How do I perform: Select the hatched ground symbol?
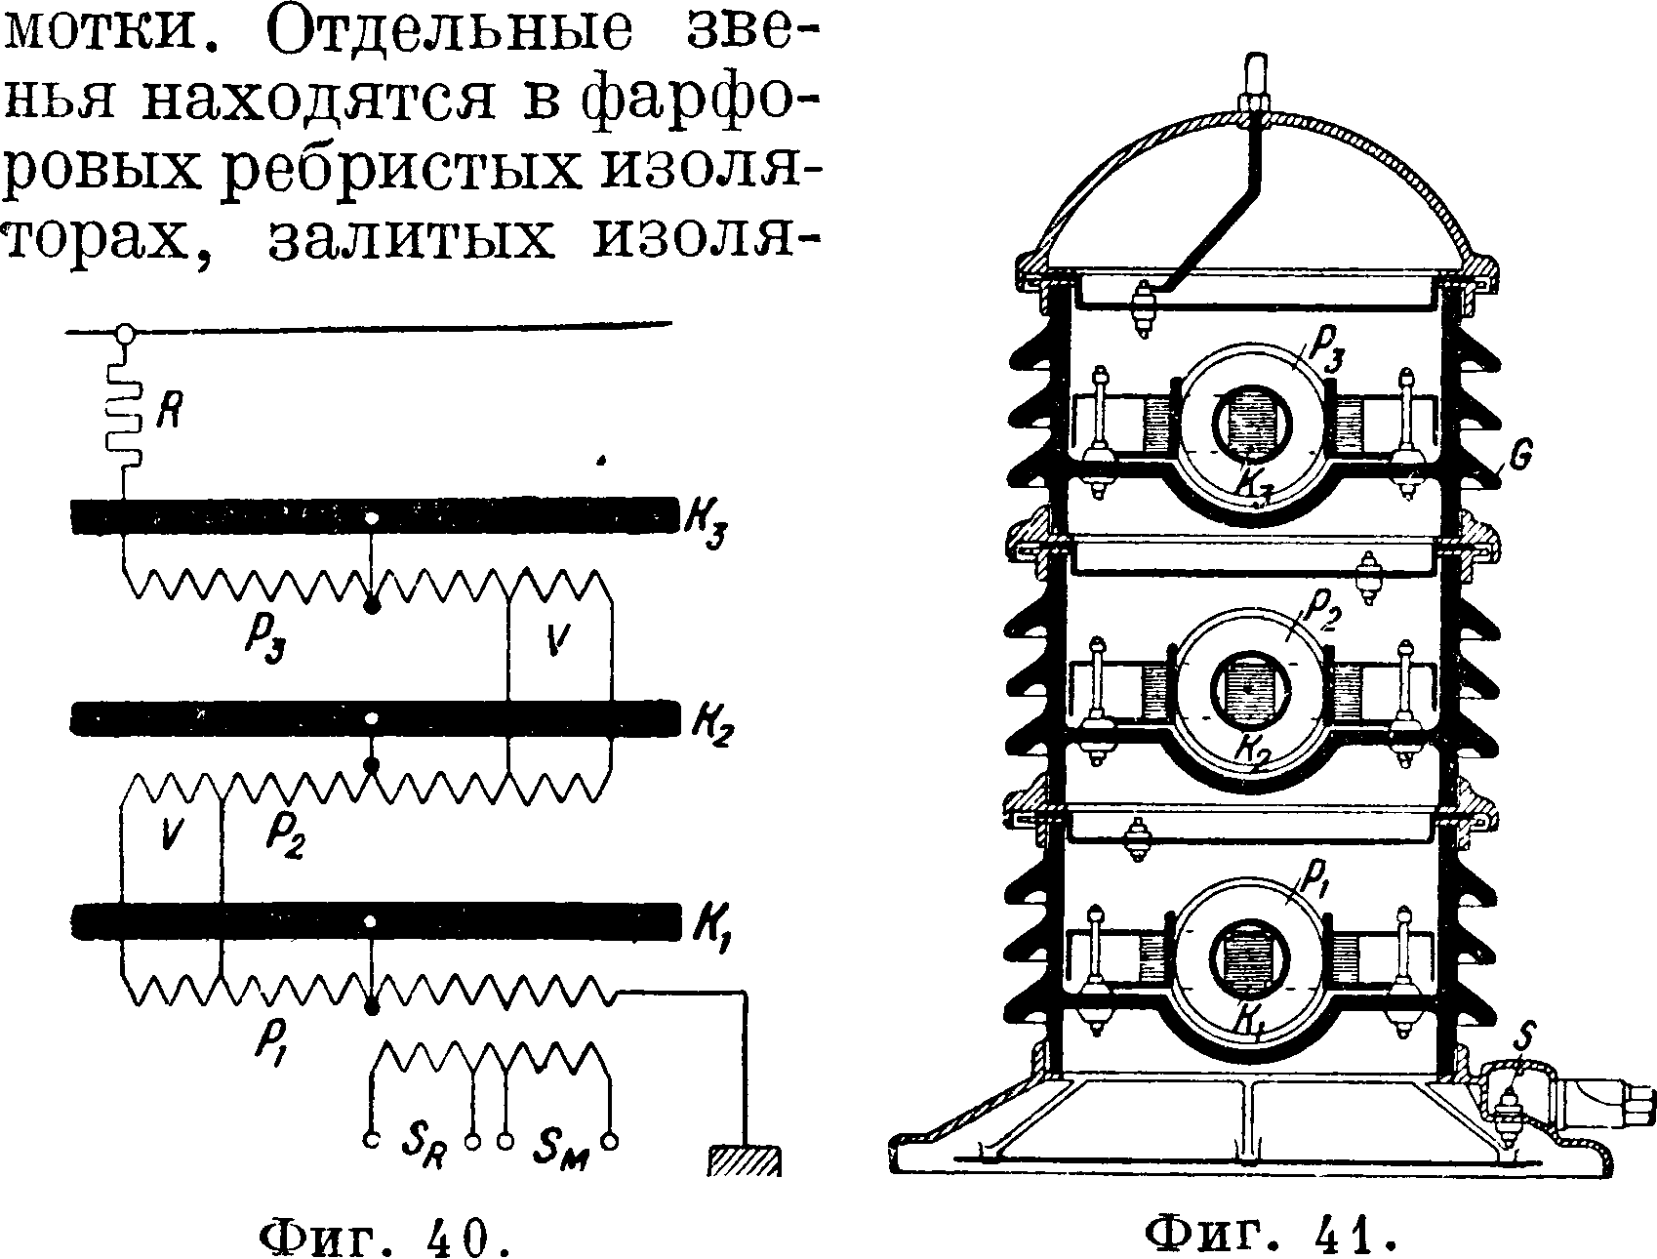(x=744, y=1160)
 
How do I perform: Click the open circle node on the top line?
(x=124, y=333)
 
